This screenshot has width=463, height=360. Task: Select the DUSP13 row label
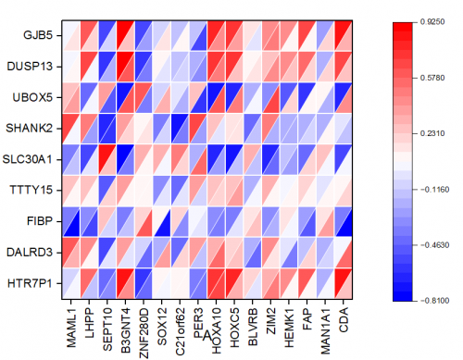point(31,68)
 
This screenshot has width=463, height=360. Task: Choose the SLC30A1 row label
point(29,159)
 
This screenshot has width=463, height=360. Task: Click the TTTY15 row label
point(32,191)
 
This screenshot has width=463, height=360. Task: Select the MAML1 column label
point(71,320)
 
